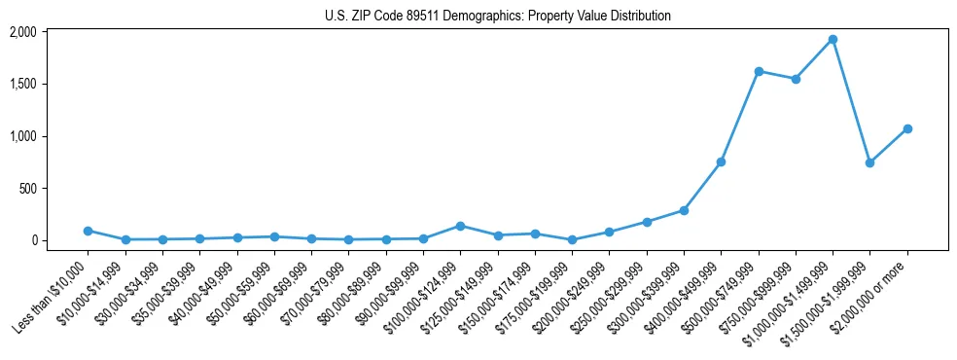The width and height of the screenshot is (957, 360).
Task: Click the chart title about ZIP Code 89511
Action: [497, 16]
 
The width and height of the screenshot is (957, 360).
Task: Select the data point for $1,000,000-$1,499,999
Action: [833, 39]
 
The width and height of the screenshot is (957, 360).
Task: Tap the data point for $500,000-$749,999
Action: [759, 71]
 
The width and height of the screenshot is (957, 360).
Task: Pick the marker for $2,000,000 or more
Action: [907, 128]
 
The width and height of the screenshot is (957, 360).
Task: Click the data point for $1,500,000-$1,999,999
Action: [869, 162]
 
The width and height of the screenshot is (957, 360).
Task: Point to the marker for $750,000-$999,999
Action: [796, 79]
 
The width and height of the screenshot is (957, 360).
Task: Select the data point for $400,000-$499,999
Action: [721, 162]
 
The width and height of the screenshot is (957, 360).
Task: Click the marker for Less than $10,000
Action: [88, 231]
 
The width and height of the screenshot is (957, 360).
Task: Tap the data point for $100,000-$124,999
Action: [460, 226]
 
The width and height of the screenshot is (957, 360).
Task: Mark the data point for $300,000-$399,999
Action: [684, 210]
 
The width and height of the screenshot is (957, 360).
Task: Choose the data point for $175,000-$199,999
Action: [572, 239]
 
